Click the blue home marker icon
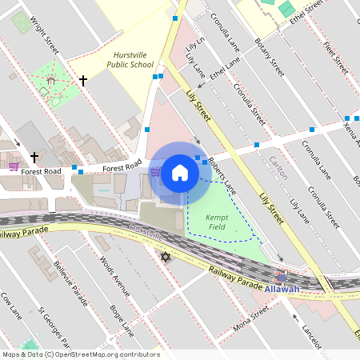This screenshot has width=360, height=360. click(180, 172)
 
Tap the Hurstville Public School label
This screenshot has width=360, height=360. click(130, 59)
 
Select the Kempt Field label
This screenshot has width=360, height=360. click(218, 222)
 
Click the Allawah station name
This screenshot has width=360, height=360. click(282, 289)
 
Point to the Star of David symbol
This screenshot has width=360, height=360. click(166, 257)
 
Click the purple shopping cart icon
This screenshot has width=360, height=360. click(14, 166)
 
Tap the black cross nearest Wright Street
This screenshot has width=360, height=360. click(82, 80)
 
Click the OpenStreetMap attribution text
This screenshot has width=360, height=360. click(80, 354)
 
